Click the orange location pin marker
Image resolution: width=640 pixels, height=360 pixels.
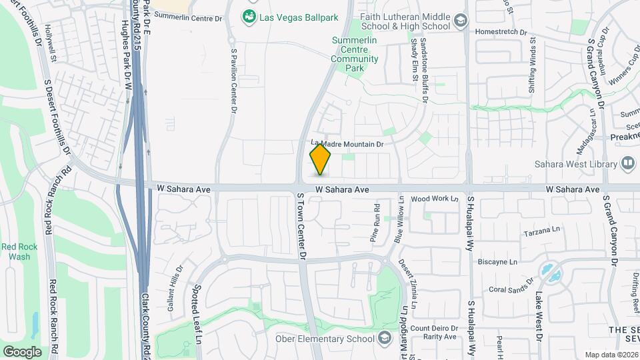[321, 159]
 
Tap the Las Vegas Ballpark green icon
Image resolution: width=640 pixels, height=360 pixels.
[249, 17]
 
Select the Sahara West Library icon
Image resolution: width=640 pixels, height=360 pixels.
[627, 163]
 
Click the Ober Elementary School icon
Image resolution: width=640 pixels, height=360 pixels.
[384, 339]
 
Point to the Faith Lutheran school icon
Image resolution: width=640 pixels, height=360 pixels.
[460, 21]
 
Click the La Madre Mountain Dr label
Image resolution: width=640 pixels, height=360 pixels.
[348, 143]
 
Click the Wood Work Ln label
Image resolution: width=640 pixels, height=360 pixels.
[435, 199]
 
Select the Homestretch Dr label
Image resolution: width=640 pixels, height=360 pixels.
[501, 31]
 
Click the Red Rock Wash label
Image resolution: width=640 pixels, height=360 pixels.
[15, 251]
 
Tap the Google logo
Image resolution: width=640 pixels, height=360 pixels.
[22, 351]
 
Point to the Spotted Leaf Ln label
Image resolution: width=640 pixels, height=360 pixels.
[198, 315]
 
